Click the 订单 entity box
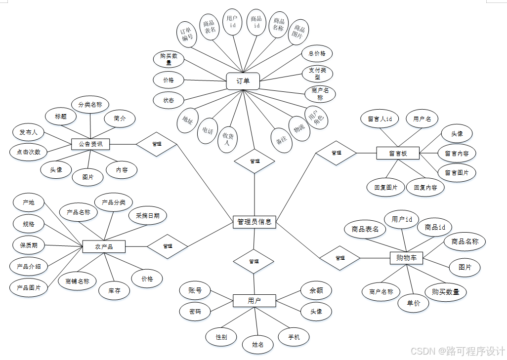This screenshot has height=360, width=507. pos(243,81)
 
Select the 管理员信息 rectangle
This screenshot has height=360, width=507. pos(254,222)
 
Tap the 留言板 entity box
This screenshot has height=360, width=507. pos(397,153)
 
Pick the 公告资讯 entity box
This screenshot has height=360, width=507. pos(90,144)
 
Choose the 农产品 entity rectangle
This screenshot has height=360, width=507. pos(103,246)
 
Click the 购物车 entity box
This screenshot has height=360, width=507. pos(406,257)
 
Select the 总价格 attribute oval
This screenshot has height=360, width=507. pos(317,53)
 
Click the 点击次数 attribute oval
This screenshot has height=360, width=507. pos(29,152)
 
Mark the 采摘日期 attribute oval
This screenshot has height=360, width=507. pos(148,215)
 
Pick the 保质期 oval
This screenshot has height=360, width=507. pos(29,245)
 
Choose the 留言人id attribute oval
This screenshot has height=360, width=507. pos(380,119)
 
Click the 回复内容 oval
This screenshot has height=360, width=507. pos(425,188)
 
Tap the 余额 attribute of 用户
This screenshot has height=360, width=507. pos(316,290)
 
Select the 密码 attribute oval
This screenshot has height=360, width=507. pos(195,312)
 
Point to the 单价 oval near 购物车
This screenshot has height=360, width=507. pos(413,303)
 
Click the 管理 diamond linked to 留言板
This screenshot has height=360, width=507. pos(337,153)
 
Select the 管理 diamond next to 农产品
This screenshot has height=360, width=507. pos(168,246)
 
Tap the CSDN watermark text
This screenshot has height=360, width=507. pos(457,351)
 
